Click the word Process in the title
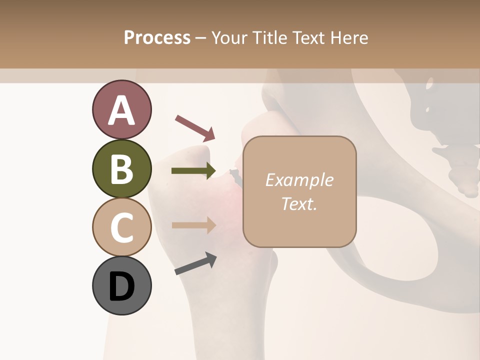[157, 37]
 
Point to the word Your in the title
[229, 37]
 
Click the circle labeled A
[122, 110]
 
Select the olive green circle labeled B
[122, 168]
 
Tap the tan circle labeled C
[122, 227]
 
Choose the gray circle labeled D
[122, 285]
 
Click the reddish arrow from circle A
[195, 127]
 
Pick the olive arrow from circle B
[193, 170]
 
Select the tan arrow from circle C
[193, 224]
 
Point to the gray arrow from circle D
[195, 263]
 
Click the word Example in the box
[299, 180]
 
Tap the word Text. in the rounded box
[299, 203]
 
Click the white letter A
[122, 110]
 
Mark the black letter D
[122, 286]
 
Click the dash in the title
[201, 38]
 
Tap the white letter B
[122, 169]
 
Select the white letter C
[122, 227]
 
